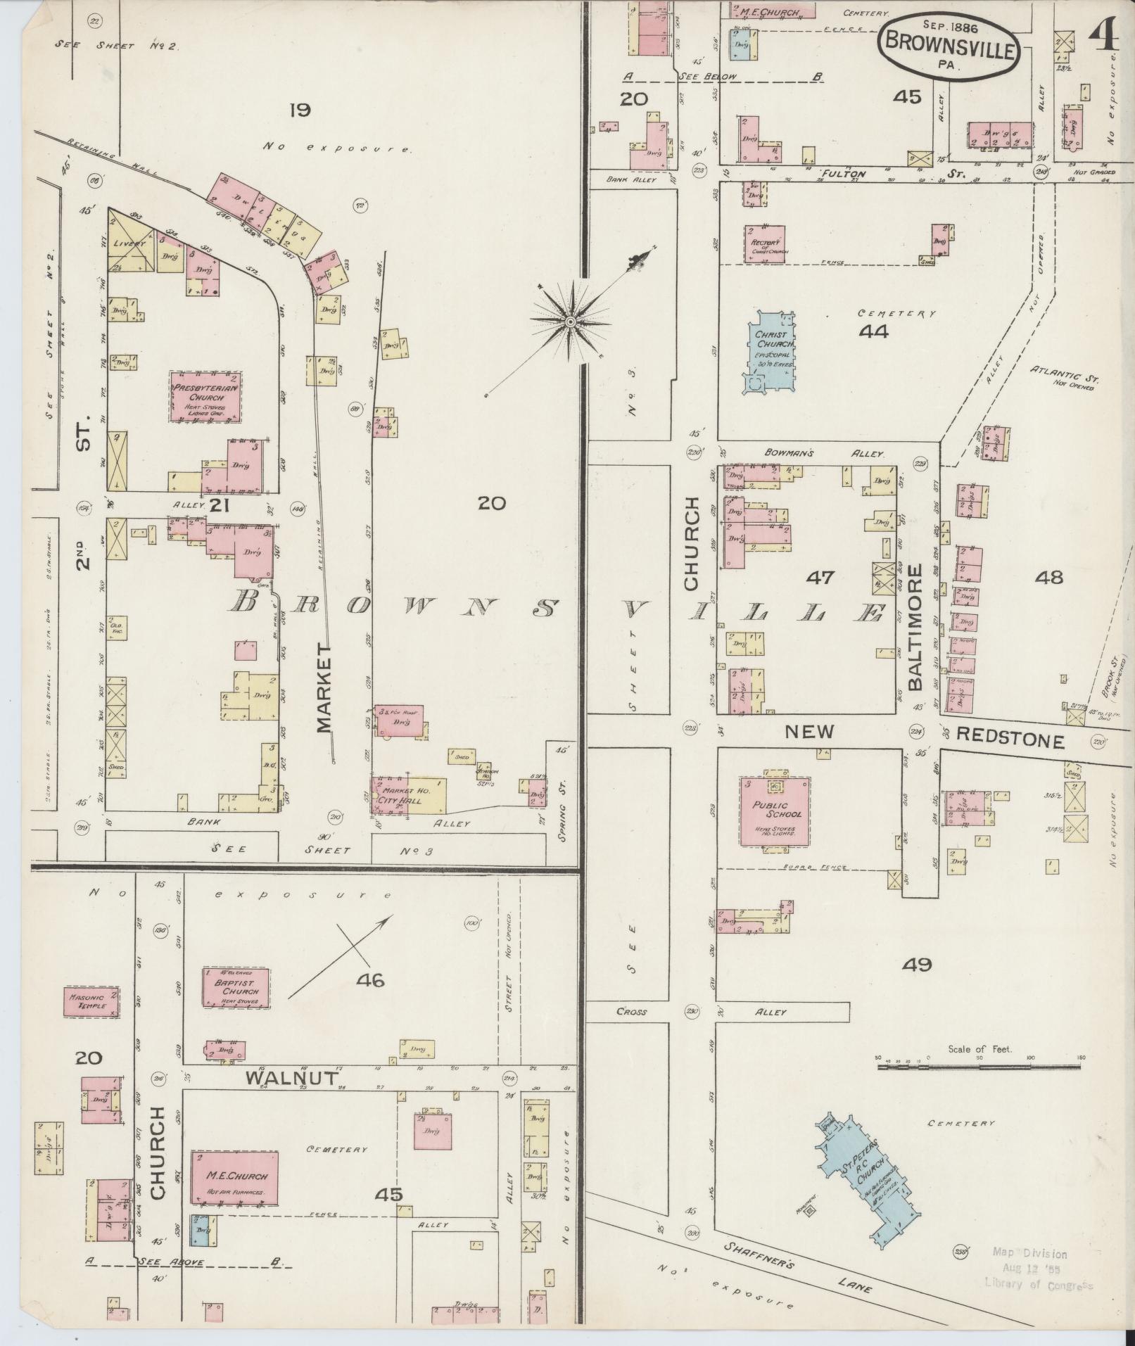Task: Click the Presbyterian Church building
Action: coord(205,398)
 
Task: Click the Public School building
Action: coord(775,810)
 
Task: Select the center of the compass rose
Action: coord(571,322)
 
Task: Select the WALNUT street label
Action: coord(292,1077)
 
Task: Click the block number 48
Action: coord(1048,578)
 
